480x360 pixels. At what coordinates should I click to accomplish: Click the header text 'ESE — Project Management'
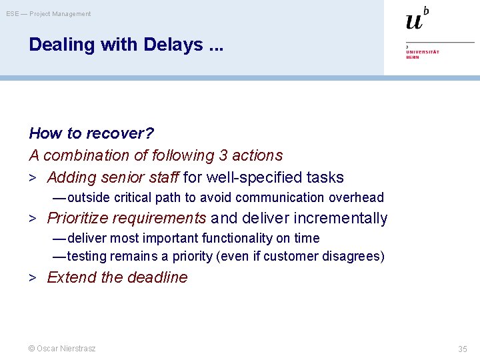49,14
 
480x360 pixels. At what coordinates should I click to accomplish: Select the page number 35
463,349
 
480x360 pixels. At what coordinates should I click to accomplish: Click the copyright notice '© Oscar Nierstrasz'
62,349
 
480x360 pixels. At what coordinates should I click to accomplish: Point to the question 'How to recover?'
91,133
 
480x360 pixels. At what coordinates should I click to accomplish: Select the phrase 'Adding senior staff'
113,177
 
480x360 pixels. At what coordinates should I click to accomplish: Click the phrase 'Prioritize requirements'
127,218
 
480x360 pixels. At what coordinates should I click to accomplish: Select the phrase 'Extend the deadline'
117,277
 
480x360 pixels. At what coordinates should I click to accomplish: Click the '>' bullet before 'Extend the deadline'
32,278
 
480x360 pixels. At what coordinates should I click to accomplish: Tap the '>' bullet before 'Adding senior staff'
32,178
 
